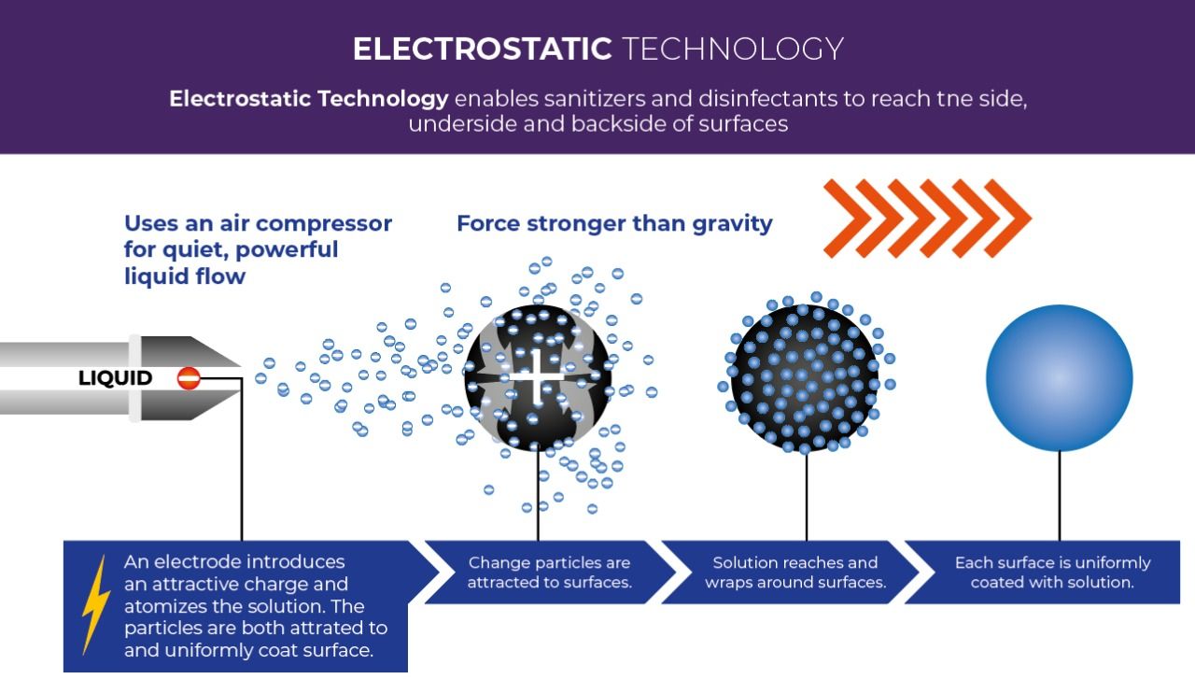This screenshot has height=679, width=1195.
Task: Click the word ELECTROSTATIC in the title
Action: click(x=482, y=49)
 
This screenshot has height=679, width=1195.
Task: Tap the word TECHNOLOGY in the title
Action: click(x=732, y=49)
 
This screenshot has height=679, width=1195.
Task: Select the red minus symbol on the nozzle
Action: click(x=189, y=378)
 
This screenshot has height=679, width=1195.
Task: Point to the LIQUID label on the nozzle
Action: click(x=116, y=378)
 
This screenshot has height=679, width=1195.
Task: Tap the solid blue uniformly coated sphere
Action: click(x=1059, y=378)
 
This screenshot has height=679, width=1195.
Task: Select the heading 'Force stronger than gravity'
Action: click(x=614, y=224)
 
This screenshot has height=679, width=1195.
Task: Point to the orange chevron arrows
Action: click(x=926, y=219)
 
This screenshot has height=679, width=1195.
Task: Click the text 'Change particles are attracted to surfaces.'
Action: click(x=549, y=573)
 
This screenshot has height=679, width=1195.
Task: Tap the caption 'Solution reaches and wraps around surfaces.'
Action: click(x=795, y=573)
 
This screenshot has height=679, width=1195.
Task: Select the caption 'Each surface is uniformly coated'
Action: click(x=1052, y=573)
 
